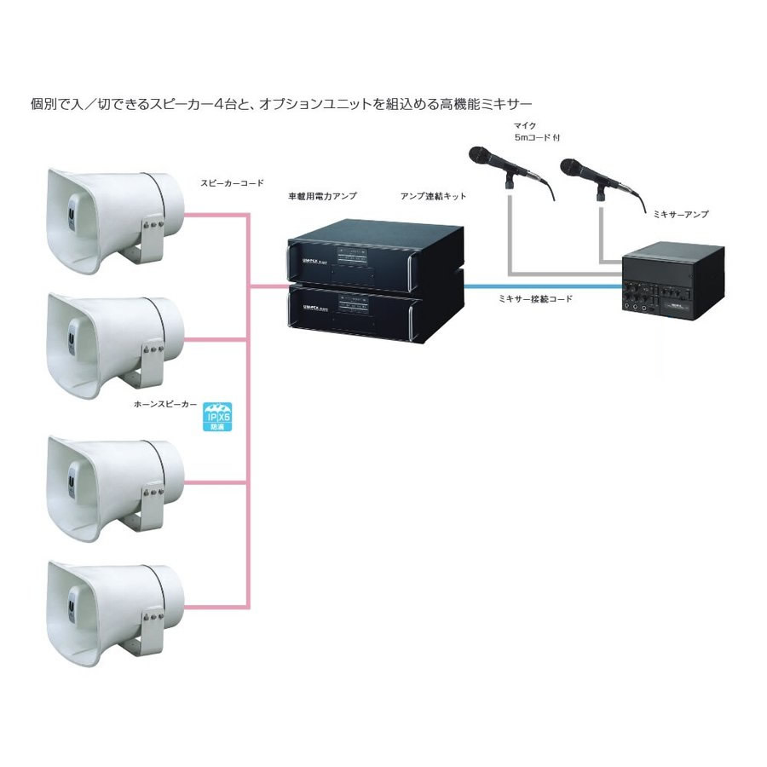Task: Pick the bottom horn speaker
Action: coord(115,607)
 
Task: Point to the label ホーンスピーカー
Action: coord(162,407)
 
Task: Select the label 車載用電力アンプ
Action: coord(323,196)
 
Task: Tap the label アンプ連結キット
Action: coord(433,196)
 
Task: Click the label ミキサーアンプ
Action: coord(679,214)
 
